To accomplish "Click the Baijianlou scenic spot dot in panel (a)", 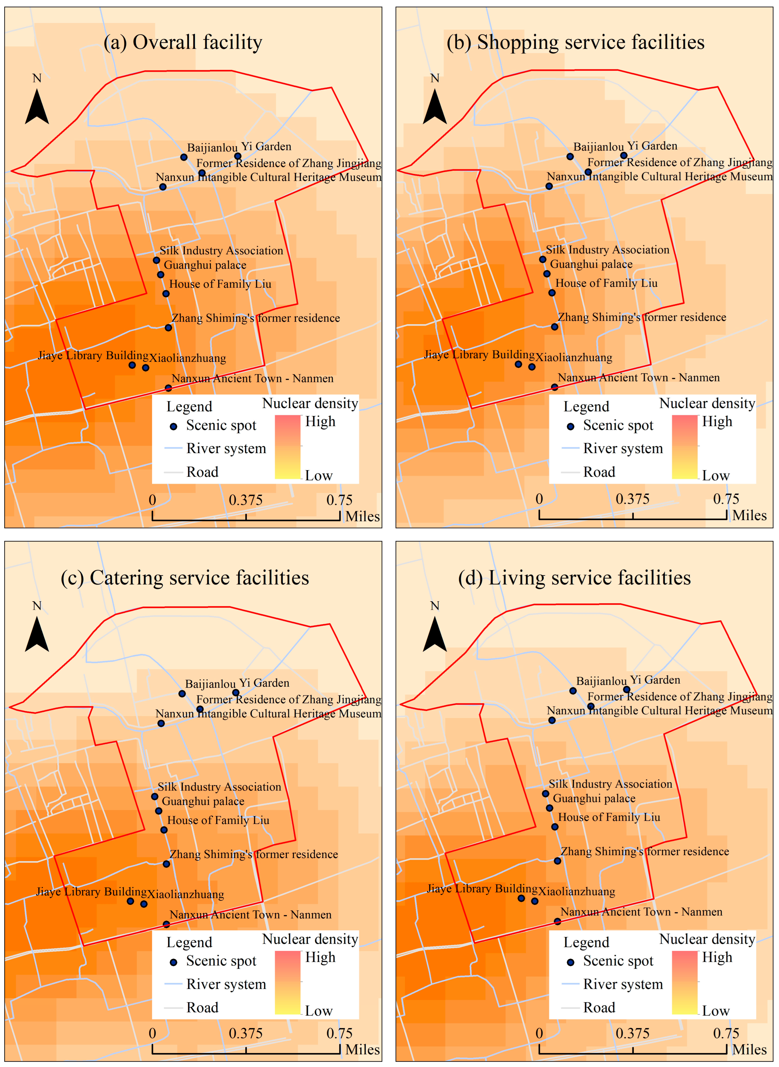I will tap(184, 157).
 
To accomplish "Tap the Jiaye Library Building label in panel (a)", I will tap(93, 355).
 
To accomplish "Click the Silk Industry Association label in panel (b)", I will tap(607, 250).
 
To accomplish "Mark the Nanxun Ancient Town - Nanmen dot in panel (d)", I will tap(557, 921).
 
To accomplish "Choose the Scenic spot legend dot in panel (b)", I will tap(571, 427).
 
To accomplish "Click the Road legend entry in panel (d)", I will tap(599, 1008).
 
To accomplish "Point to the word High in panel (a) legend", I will tap(320, 421).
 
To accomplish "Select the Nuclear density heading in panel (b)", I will tap(707, 403).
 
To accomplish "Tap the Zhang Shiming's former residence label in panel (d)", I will tap(644, 851).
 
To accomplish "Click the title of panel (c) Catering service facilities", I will tap(185, 578).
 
